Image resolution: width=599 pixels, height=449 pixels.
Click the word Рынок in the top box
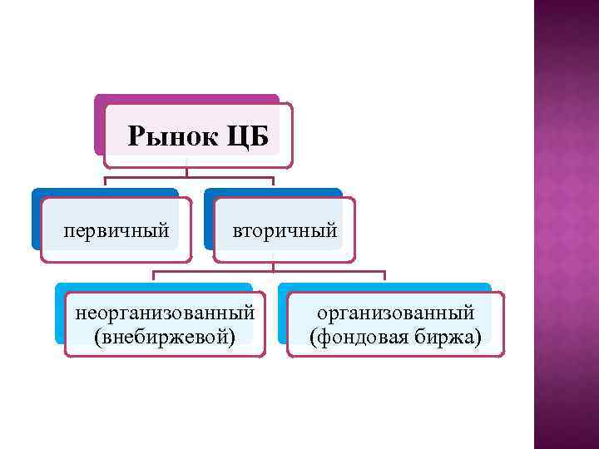tap(172, 136)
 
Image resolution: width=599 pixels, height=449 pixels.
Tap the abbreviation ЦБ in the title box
tap(247, 136)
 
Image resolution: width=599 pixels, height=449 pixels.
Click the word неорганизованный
tap(165, 313)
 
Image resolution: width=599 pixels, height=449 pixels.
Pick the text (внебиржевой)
tap(165, 336)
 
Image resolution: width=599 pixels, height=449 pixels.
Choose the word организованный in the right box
tap(396, 313)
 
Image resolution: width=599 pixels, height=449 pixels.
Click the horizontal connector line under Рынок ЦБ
tap(189, 177)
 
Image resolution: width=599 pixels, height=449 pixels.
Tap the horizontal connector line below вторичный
tap(270, 271)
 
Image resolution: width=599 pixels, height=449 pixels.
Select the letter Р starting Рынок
tap(136, 136)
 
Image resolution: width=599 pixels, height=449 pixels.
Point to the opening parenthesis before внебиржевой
tap(98, 337)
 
